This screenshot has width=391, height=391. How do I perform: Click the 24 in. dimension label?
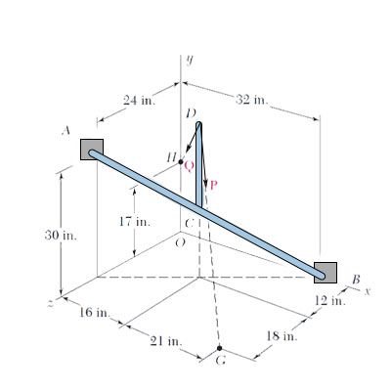click(138, 100)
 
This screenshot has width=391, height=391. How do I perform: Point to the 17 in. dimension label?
click(133, 222)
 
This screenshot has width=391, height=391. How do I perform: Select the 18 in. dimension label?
click(282, 337)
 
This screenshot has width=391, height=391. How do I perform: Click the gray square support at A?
click(91, 149)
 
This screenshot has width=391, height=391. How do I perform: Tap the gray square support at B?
click(326, 272)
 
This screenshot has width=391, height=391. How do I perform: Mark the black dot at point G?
click(219, 348)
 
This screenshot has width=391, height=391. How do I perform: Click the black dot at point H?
click(181, 161)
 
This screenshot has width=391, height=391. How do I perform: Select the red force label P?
click(213, 184)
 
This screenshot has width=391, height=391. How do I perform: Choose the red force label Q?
click(189, 166)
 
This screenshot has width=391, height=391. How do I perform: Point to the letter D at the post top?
click(193, 114)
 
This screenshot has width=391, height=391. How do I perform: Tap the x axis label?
click(369, 290)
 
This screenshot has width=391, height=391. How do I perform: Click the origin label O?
click(177, 242)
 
